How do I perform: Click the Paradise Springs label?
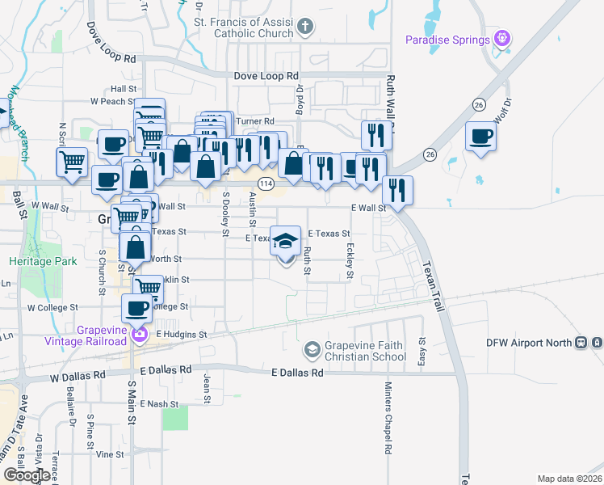(447, 40)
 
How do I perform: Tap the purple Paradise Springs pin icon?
(503, 38)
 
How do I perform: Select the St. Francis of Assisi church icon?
(305, 27)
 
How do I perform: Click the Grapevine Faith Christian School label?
(366, 351)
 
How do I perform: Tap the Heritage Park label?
(43, 261)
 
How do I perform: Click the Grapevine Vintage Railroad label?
(102, 335)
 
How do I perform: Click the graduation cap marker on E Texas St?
(285, 242)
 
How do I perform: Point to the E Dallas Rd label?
(297, 373)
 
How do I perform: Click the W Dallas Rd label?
(78, 376)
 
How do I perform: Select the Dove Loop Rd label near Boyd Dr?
(266, 75)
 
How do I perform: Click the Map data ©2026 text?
(569, 479)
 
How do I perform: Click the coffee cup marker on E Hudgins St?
(136, 309)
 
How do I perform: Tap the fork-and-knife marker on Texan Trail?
(397, 192)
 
